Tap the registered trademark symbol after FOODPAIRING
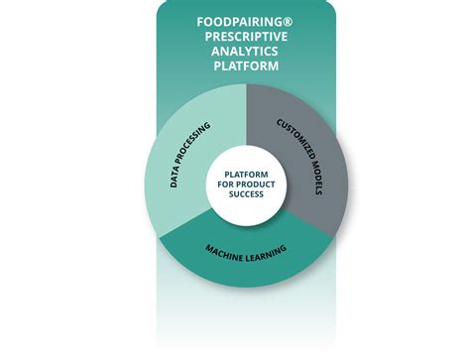click(288, 22)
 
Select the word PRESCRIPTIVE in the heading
click(246, 37)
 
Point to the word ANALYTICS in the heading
click(245, 52)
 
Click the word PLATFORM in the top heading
click(246, 65)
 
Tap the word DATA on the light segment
click(175, 177)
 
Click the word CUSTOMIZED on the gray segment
click(295, 140)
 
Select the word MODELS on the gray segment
click(317, 179)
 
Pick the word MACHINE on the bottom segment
click(224, 253)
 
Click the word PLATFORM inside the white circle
click(246, 175)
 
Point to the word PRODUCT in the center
click(256, 184)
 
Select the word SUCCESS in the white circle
click(246, 194)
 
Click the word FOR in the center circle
click(225, 184)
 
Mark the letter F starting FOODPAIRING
click(200, 22)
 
